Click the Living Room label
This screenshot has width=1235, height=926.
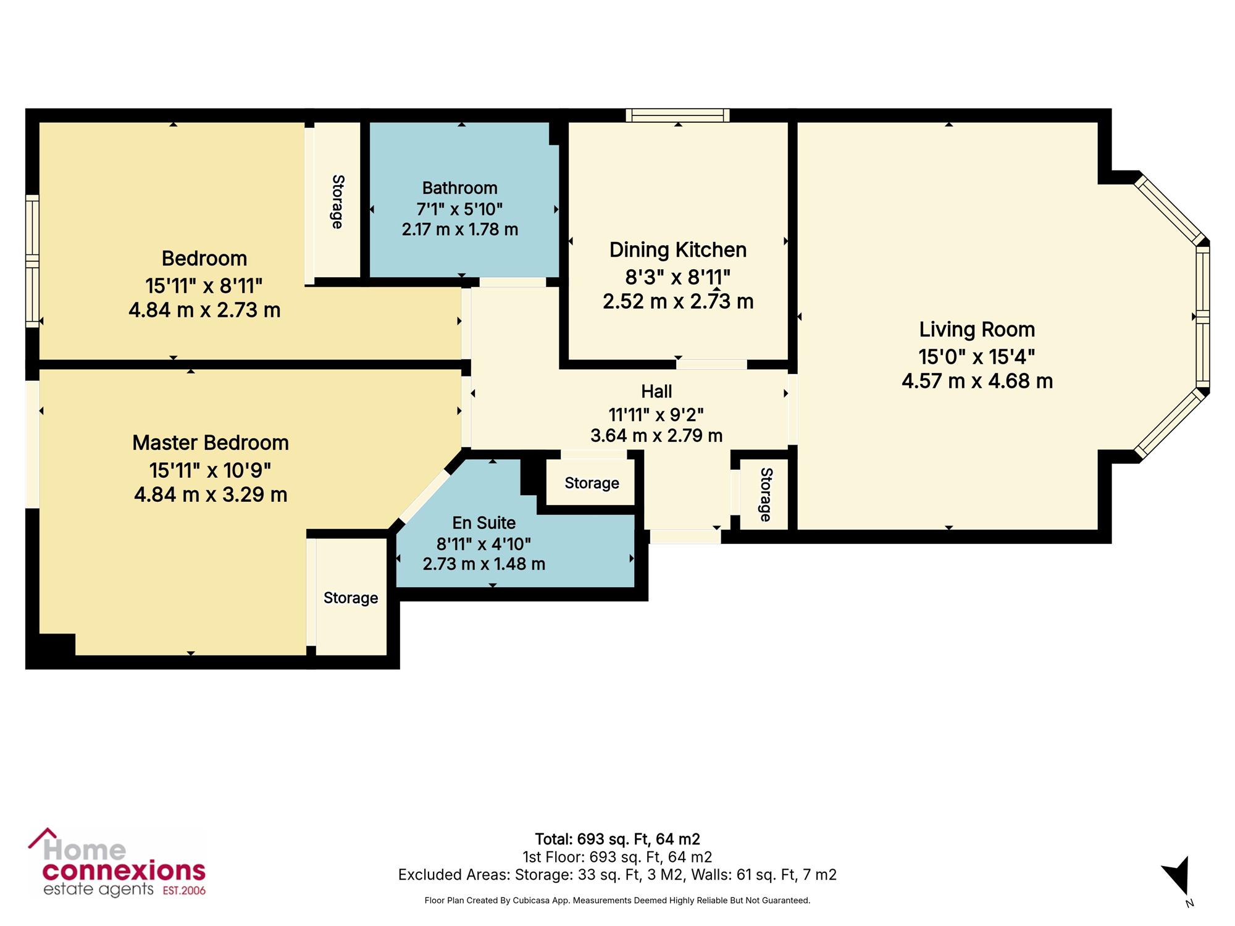coord(977,330)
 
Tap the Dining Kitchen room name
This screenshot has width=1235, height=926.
coord(678,250)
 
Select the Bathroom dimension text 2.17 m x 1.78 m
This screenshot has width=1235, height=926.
coord(460,230)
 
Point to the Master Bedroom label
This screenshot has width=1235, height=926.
coord(211,443)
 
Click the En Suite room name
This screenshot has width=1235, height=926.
coord(484,523)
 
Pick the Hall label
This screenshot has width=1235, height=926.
coord(656,391)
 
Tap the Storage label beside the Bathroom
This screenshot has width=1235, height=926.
coord(338,202)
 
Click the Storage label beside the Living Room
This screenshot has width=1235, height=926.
coord(766,494)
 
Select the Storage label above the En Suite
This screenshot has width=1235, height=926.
coord(592,483)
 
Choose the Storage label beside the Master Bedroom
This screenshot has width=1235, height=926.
coord(351,598)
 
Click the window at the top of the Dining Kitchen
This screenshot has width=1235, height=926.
coord(677,115)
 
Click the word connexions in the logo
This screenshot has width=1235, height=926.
coord(124,871)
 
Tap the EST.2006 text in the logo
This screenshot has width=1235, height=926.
coord(184,890)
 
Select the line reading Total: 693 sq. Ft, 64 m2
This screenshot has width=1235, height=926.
coord(617,839)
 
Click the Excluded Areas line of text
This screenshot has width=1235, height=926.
coord(617,875)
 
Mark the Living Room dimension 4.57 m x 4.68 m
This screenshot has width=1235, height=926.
coord(977,381)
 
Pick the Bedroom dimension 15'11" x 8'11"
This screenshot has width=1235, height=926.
coord(204,286)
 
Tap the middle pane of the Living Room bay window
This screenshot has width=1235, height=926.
coord(1202,316)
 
